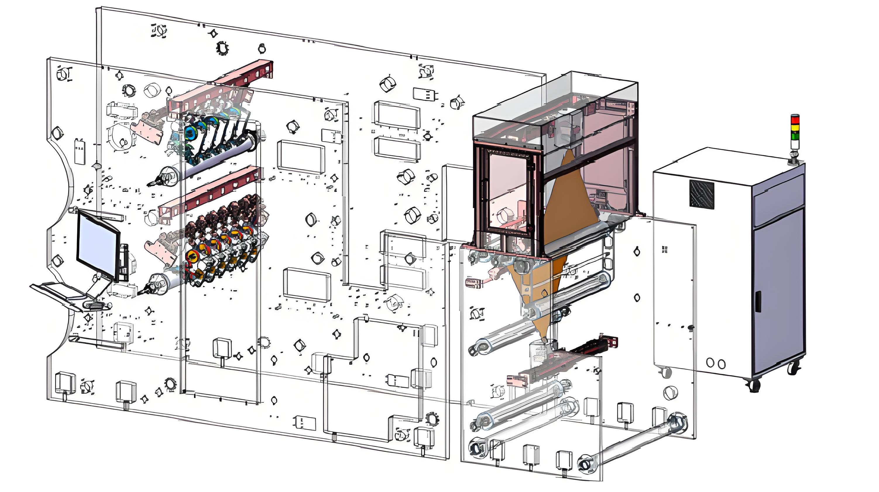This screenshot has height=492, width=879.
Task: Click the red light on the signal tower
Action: click(795, 119)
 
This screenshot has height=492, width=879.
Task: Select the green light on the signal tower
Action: click(795, 136)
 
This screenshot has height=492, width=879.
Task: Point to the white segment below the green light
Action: click(795, 145)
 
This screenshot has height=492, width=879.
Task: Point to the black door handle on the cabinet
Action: click(758, 301)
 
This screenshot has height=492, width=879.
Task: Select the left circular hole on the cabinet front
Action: click(710, 363)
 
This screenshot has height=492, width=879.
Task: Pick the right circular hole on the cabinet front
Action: click(721, 364)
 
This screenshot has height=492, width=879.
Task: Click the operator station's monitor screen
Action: click(98, 245)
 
